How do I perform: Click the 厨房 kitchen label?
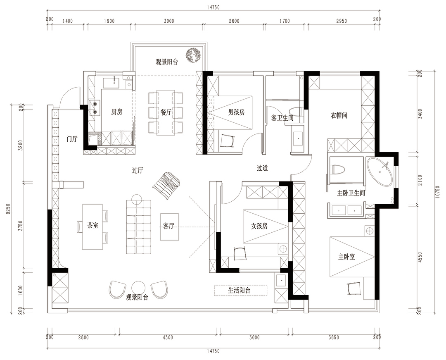116,112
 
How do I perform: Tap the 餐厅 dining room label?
166,112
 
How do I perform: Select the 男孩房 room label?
236,112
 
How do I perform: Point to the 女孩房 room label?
259,226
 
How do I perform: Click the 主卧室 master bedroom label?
346,257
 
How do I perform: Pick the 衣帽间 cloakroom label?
339,116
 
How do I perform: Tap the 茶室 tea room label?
93,225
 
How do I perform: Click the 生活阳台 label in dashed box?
239,291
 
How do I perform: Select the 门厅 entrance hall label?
72,139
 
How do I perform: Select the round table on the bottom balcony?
139,288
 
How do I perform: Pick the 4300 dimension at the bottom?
168,338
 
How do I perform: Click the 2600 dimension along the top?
234,21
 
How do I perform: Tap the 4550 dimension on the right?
420,257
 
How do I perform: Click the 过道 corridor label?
262,168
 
